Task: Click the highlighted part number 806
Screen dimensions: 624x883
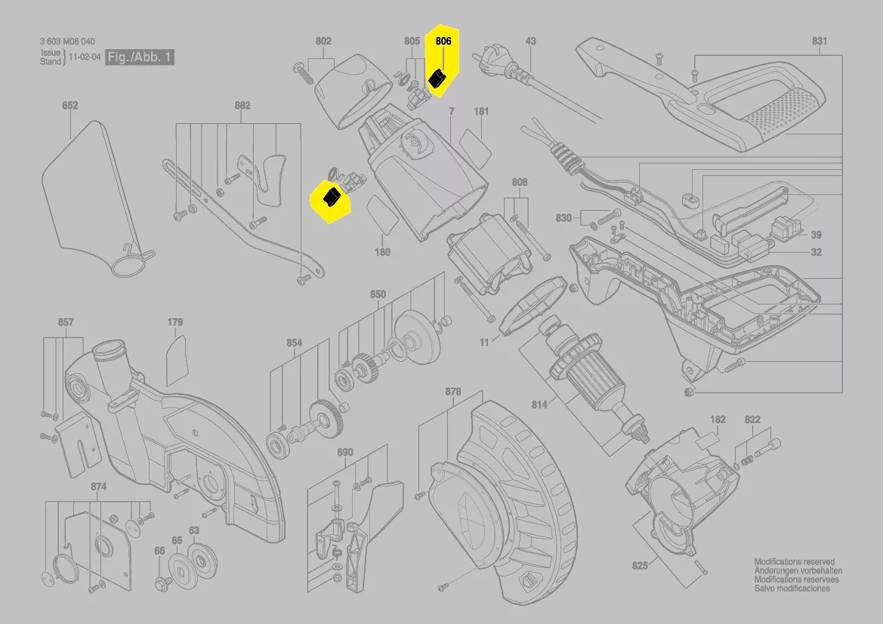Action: (x=443, y=42)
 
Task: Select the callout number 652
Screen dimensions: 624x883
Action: (x=69, y=107)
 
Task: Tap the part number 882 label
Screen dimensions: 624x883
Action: (x=242, y=106)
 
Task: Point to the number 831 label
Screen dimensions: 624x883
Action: (x=820, y=42)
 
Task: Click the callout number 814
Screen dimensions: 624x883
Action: (x=539, y=405)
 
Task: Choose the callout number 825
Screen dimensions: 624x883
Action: (x=640, y=565)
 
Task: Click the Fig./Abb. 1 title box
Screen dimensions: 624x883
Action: (x=140, y=57)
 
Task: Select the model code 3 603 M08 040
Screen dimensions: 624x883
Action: (x=68, y=42)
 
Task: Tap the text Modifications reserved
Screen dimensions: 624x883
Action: (x=794, y=562)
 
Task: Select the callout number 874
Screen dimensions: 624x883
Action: (x=98, y=487)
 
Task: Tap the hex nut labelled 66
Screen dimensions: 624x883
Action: (x=161, y=583)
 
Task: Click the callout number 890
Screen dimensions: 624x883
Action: (x=344, y=453)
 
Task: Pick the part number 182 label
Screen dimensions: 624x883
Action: (x=718, y=419)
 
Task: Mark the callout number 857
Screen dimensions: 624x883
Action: (x=66, y=323)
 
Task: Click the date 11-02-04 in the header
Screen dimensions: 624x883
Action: (x=84, y=57)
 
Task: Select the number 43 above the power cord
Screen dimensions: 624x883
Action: (x=531, y=42)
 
